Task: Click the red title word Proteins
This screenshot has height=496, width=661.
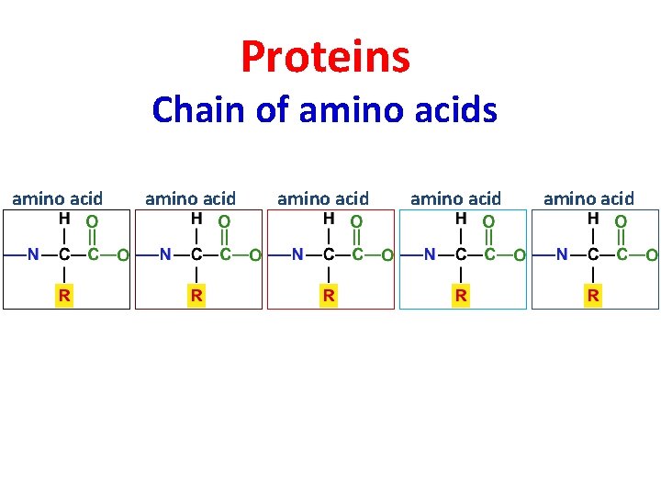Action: point(325,57)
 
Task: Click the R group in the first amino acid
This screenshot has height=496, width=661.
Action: point(64,295)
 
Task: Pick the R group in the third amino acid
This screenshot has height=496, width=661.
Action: point(329,295)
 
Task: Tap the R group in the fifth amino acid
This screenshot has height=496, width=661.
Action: point(594,295)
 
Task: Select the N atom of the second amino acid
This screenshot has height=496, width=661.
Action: point(165,254)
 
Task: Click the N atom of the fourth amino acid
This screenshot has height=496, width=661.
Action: point(430,254)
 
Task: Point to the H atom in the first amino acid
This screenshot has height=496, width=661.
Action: point(64,220)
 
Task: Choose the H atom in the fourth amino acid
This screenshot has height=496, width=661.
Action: point(461,220)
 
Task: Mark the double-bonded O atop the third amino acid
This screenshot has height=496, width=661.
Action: point(356,221)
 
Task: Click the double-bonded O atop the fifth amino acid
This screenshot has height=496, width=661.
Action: point(622,221)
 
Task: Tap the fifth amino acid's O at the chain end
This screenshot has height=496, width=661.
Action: point(651,254)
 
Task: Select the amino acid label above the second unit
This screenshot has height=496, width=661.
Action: point(190,198)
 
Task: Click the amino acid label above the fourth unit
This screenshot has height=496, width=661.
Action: point(455,198)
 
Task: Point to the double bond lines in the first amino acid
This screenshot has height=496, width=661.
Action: point(92,237)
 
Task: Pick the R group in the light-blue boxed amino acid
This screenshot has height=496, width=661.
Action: point(461,295)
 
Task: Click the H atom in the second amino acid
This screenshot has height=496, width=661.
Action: point(196,220)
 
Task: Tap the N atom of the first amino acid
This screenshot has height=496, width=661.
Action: point(33,254)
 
